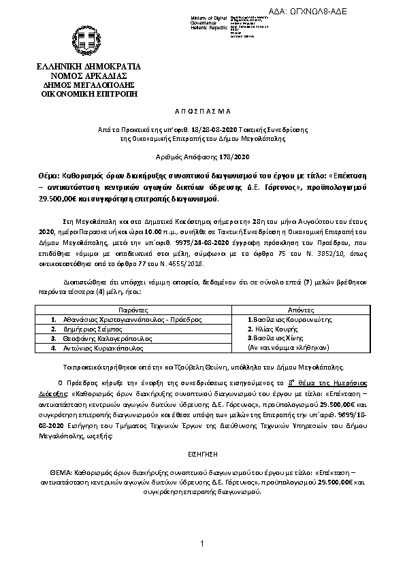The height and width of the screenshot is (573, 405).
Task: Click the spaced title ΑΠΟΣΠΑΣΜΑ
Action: coord(202,110)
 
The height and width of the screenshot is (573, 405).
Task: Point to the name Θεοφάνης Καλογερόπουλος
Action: coord(103,338)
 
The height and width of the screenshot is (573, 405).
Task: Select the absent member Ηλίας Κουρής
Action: coord(272,328)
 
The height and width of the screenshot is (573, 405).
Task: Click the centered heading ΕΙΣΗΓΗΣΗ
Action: coord(202,452)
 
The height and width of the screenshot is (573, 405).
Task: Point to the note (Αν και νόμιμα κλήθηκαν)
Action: coord(289,347)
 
